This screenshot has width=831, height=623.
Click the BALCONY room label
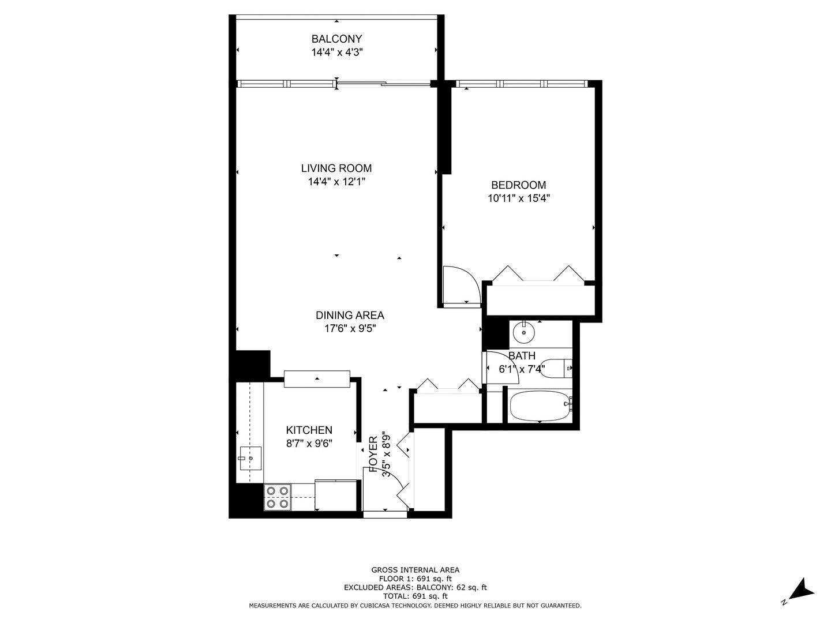[x=336, y=39]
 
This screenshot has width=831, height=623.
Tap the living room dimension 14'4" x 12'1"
[x=336, y=182]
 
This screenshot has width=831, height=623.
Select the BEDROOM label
[x=518, y=185]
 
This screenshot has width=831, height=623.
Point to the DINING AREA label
[x=350, y=316]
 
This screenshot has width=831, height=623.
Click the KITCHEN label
[x=309, y=430]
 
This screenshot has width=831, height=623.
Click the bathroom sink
[x=523, y=333]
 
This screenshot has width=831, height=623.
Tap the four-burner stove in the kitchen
[x=277, y=497]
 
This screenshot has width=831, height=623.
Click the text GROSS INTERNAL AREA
[x=415, y=570]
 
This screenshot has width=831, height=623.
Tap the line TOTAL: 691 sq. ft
[x=415, y=596]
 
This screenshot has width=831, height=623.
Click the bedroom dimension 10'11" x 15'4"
[x=518, y=198]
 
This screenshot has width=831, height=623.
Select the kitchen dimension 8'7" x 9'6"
[x=309, y=443]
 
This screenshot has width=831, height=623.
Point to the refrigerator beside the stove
[x=336, y=495]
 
